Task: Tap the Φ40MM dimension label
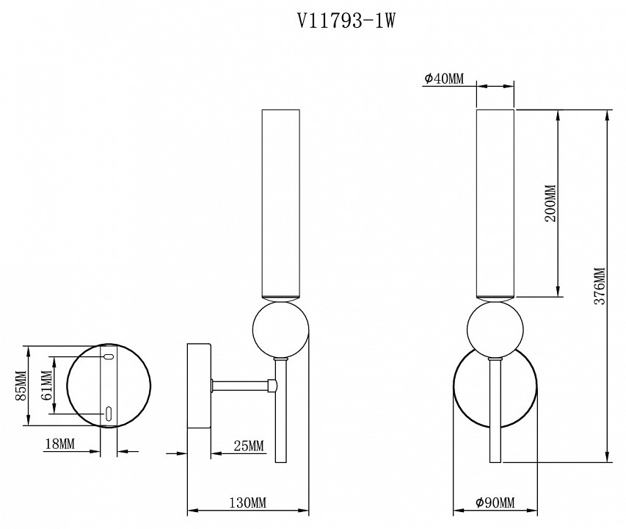(444, 79)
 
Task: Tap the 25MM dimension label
(248, 446)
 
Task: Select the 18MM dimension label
(59, 445)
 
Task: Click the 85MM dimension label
(20, 386)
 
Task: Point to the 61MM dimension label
(46, 386)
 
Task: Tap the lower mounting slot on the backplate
(108, 413)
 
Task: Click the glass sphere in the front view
(495, 329)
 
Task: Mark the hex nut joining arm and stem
(273, 384)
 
